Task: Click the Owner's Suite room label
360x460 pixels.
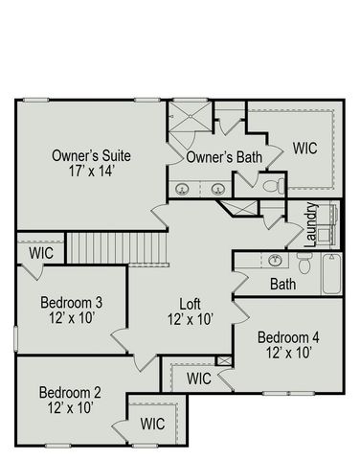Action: [x=92, y=156]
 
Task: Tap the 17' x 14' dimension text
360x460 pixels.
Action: [x=92, y=173]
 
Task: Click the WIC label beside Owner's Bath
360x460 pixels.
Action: [x=304, y=149]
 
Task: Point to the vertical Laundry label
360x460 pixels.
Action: [x=311, y=226]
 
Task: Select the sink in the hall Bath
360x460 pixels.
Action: [x=275, y=260]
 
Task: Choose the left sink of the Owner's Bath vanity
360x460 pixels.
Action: [x=182, y=188]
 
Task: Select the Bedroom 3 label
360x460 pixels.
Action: [x=71, y=304]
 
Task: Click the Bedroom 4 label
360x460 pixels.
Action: [x=288, y=337]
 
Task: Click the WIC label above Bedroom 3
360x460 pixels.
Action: [x=41, y=253]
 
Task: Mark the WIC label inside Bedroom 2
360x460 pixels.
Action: [x=153, y=423]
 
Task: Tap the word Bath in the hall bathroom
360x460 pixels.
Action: [x=282, y=285]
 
